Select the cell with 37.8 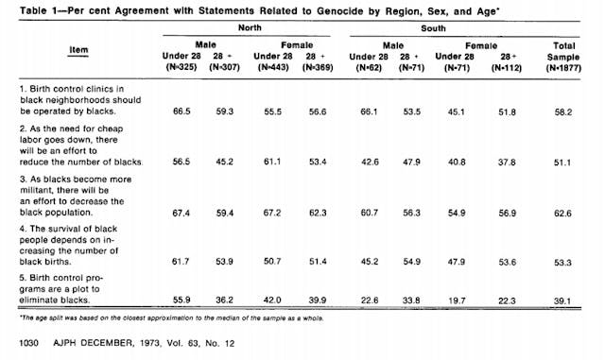(512, 162)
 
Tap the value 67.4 (184, 214)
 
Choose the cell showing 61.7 (184, 258)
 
